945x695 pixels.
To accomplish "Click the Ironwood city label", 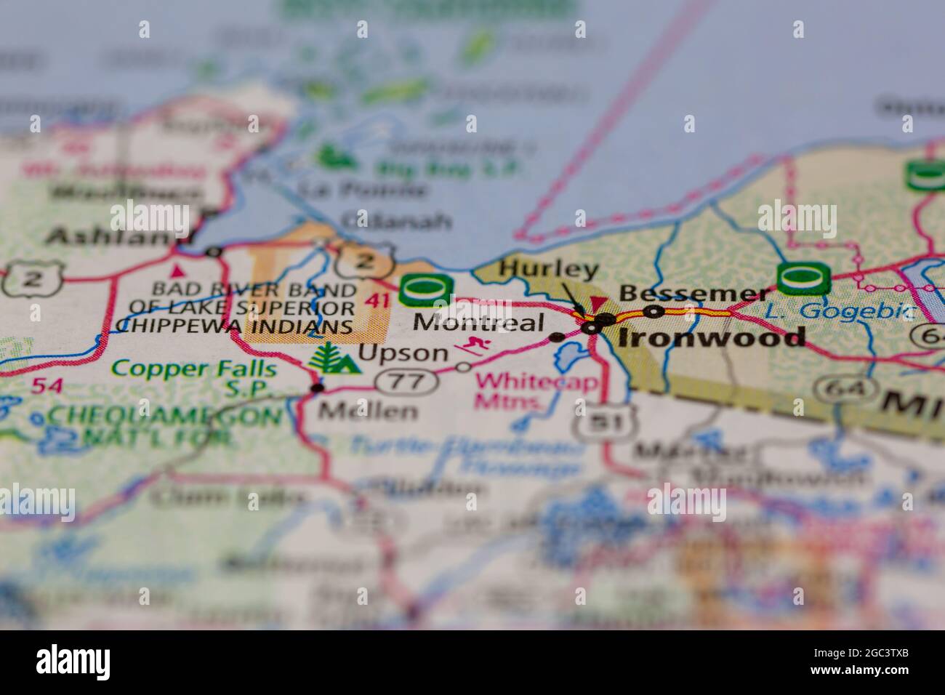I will pos(712,338).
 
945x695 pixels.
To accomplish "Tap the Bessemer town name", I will pos(693,294).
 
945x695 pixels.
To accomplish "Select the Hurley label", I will pos(549,270).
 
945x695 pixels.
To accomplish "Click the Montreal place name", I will pos(479,323).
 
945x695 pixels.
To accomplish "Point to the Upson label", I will pos(403,354).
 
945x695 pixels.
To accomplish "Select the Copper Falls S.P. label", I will pos(195,378).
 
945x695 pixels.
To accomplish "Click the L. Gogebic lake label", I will pos(840,312).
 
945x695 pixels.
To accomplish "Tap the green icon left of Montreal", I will pos(426,290).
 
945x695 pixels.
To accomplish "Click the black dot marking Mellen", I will pos(317,388).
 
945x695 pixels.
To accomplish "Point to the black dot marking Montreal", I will pos(558,337).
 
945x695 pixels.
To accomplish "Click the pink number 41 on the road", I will pos(377,299).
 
